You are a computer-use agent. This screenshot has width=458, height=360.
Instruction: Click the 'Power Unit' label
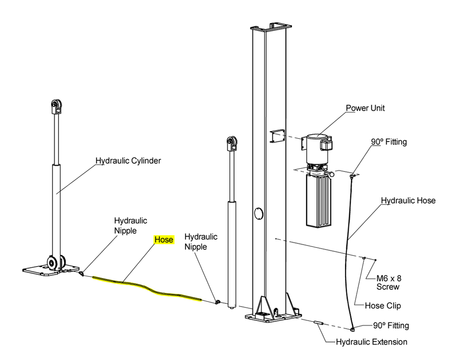(x=365, y=108)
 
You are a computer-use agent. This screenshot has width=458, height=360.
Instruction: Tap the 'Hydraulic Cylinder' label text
(x=128, y=160)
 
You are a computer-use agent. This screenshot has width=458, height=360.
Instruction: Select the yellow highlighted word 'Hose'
(x=164, y=240)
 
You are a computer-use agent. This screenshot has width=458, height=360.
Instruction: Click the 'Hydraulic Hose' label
(x=408, y=200)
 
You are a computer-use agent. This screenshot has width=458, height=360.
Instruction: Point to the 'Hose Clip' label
(x=383, y=306)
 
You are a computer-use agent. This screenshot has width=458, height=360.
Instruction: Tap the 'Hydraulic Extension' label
(x=371, y=342)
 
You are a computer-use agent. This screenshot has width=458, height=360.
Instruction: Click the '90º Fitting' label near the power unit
(x=389, y=142)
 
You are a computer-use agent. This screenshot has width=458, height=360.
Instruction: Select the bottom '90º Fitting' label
(x=391, y=326)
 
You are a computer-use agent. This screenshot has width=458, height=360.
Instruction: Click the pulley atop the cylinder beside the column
(x=232, y=143)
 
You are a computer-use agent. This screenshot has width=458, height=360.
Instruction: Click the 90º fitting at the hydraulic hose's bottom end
(x=353, y=330)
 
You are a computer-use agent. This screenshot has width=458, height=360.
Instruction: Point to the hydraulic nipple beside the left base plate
(x=82, y=274)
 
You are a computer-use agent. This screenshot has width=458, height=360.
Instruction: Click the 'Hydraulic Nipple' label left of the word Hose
(x=130, y=225)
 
